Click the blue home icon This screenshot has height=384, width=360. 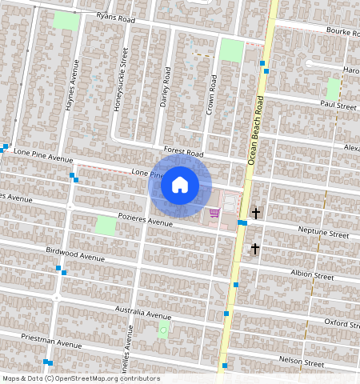(180, 186)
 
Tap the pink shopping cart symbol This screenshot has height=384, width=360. (214, 212)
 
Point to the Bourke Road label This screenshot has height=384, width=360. (342, 31)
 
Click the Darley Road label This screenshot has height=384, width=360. (166, 86)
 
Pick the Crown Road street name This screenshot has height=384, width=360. (213, 95)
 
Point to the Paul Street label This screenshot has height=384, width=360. (337, 105)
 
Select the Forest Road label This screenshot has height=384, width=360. (183, 151)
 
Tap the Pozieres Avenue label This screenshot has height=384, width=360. (145, 221)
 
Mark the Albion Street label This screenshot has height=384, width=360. (311, 275)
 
